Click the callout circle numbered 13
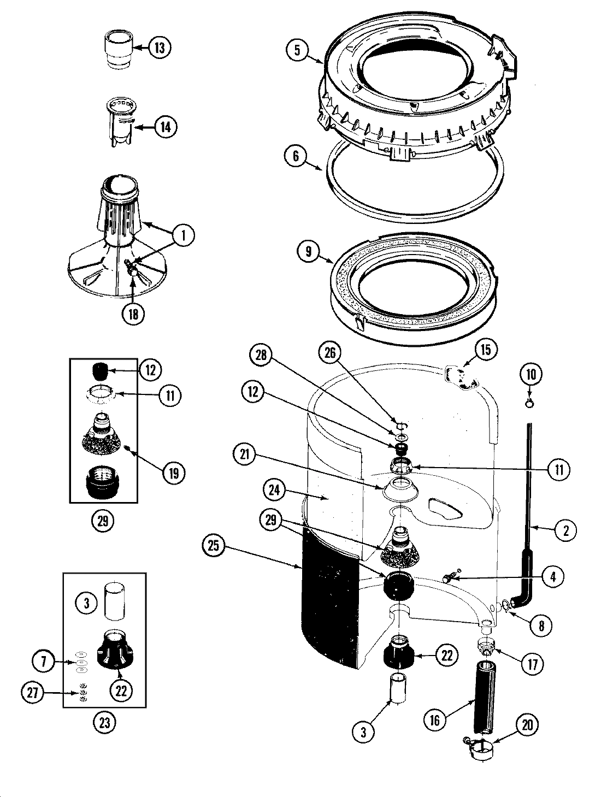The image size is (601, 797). pyautogui.click(x=160, y=48)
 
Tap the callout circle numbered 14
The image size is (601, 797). pyautogui.click(x=166, y=127)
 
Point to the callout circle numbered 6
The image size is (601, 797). pyautogui.click(x=296, y=156)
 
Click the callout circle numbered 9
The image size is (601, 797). pyautogui.click(x=309, y=251)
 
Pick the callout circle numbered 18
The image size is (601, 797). pyautogui.click(x=133, y=314)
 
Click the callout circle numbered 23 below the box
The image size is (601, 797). pyautogui.click(x=104, y=723)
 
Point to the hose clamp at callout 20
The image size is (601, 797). pyautogui.click(x=481, y=746)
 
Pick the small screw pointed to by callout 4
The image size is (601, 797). pyautogui.click(x=450, y=577)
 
